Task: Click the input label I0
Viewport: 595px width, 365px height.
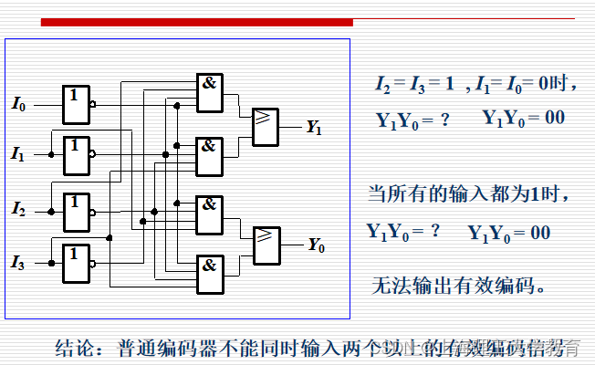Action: [x=18, y=105]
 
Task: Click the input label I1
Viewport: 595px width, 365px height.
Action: [x=18, y=155]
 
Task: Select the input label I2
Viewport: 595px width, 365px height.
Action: [x=18, y=210]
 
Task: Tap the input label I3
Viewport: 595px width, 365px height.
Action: [x=18, y=263]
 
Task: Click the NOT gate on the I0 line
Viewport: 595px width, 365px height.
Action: [x=76, y=104]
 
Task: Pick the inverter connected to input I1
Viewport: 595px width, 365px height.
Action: [x=77, y=155]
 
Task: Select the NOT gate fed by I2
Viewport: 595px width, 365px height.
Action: [x=77, y=210]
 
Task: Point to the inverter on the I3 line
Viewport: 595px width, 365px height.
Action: [x=77, y=262]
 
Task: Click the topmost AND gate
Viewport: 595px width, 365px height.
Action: [x=210, y=93]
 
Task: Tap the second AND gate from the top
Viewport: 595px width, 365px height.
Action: [x=210, y=155]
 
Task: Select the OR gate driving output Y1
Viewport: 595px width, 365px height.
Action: [x=266, y=126]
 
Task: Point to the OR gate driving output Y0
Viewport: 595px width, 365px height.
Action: [x=266, y=245]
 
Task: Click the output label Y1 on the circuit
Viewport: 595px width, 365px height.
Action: [x=314, y=128]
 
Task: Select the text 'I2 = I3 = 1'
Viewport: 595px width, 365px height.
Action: [x=414, y=83]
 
